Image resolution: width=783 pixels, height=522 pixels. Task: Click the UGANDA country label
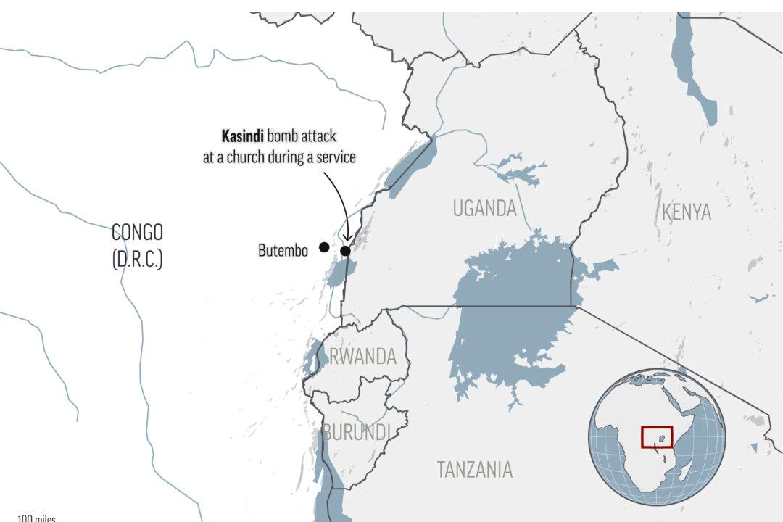pyautogui.click(x=484, y=209)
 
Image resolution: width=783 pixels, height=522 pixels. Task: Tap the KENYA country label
pyautogui.click(x=686, y=212)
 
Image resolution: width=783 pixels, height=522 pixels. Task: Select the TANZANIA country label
pyautogui.click(x=474, y=470)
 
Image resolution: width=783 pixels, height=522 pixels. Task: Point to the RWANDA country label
pyautogui.click(x=363, y=357)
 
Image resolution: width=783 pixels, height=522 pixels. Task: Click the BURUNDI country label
pyautogui.click(x=357, y=433)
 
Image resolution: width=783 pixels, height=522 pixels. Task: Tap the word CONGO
pyautogui.click(x=137, y=233)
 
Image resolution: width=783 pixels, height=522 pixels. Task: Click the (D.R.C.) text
pyautogui.click(x=137, y=260)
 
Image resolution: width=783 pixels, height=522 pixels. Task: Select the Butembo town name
pyautogui.click(x=283, y=250)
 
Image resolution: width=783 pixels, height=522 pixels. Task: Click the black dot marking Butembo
pyautogui.click(x=323, y=247)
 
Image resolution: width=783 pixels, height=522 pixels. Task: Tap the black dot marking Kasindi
pyautogui.click(x=346, y=251)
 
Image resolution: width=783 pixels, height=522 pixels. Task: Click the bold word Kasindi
pyautogui.click(x=242, y=136)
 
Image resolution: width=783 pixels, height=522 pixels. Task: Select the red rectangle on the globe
pyautogui.click(x=657, y=437)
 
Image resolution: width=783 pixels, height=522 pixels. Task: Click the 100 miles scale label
pyautogui.click(x=37, y=518)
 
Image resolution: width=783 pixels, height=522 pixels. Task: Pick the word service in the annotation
pyautogui.click(x=336, y=157)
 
